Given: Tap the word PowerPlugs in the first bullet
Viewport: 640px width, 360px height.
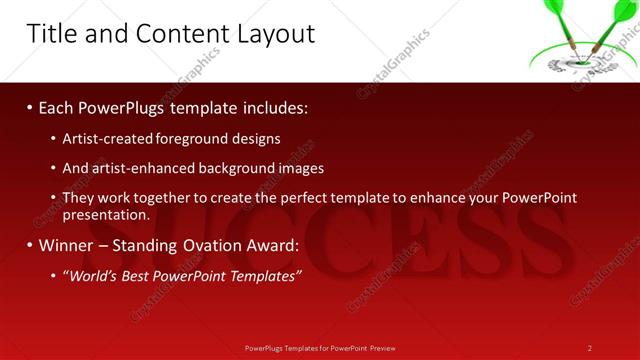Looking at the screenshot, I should click(x=125, y=107).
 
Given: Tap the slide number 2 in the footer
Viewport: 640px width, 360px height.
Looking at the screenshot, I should click(x=590, y=348).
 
